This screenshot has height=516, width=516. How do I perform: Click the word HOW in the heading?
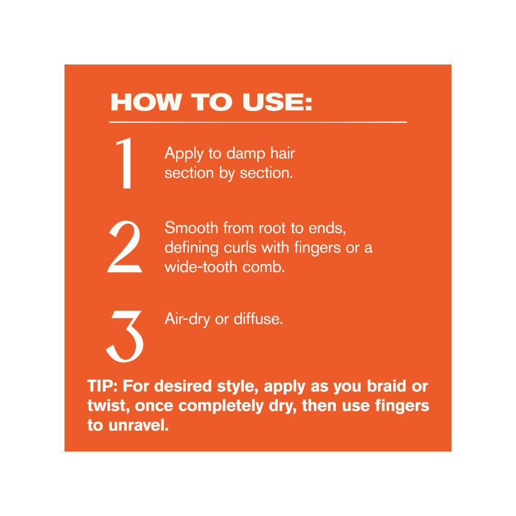click(x=147, y=102)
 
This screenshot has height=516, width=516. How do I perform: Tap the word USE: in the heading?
click(x=277, y=102)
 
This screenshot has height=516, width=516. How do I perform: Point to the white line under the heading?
click(x=258, y=122)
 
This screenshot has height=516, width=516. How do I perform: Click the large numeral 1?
click(x=125, y=163)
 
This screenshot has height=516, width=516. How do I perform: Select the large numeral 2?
click(x=125, y=247)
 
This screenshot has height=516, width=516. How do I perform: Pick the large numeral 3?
click(x=125, y=336)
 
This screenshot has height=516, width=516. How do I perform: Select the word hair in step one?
click(x=282, y=153)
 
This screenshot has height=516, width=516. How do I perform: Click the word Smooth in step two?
click(x=191, y=228)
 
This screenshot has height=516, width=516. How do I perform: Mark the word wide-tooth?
click(x=201, y=267)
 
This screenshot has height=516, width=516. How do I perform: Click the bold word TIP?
click(x=102, y=386)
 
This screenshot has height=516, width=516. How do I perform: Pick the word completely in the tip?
click(x=221, y=406)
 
